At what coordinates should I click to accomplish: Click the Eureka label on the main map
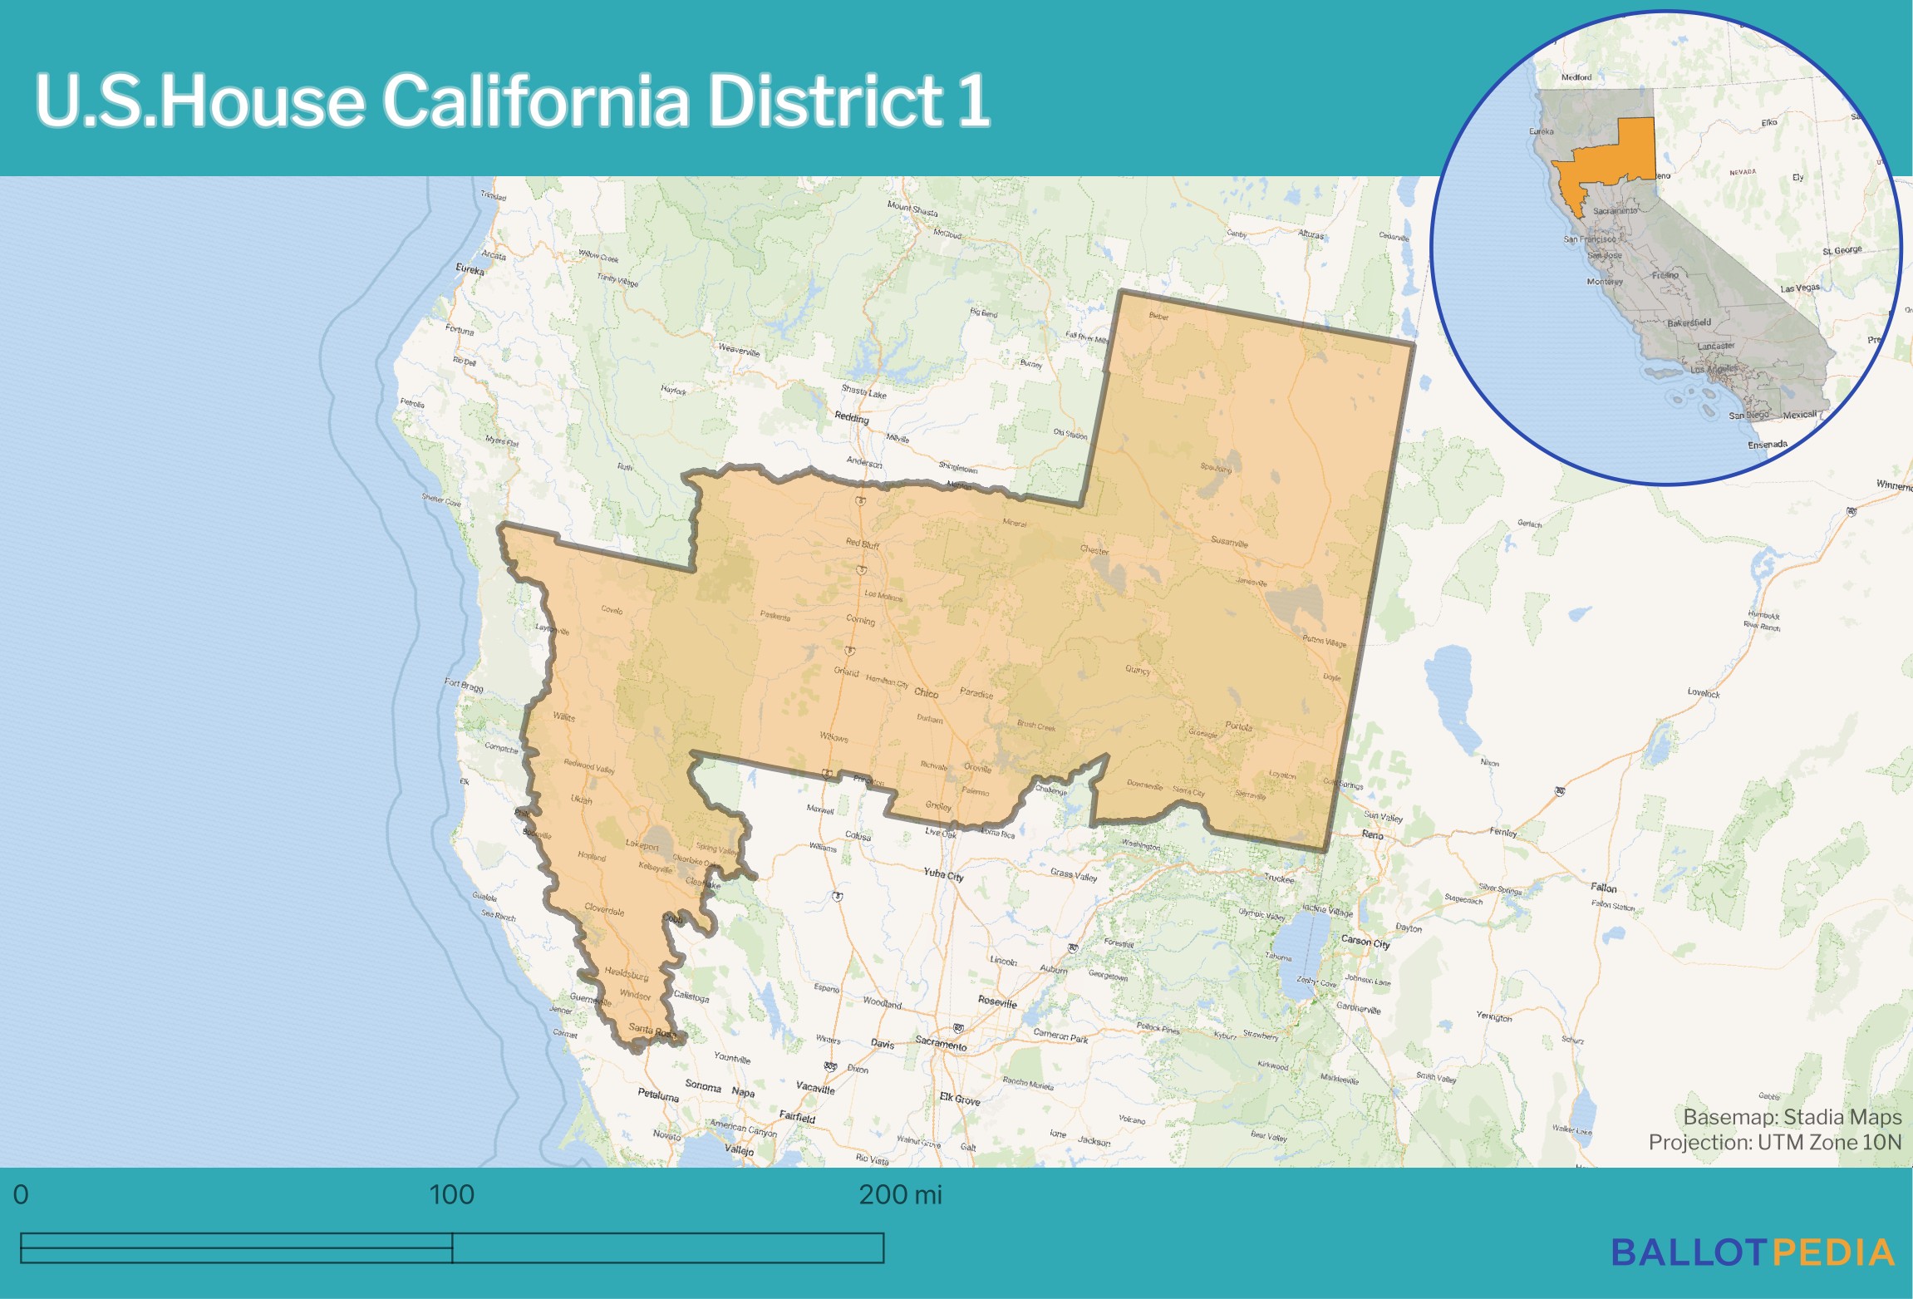(470, 269)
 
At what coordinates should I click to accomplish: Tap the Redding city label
(852, 417)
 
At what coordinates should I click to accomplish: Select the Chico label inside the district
(926, 692)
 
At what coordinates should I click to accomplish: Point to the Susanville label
(1229, 542)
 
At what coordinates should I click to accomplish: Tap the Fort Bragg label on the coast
(463, 685)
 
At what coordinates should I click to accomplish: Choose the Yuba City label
(943, 874)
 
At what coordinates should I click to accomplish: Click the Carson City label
(1365, 942)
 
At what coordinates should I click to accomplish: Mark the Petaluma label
(658, 1095)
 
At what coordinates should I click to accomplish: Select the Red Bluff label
(863, 544)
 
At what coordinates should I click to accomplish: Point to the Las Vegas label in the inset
(1800, 288)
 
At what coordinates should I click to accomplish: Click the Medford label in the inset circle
(1576, 77)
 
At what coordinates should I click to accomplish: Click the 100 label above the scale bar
(451, 1194)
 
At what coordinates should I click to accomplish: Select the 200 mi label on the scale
(900, 1194)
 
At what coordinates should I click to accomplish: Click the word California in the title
(535, 101)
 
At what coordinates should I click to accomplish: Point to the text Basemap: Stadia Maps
(1792, 1117)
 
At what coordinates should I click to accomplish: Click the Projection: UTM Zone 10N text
(1774, 1142)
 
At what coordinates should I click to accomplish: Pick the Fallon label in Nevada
(1604, 888)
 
